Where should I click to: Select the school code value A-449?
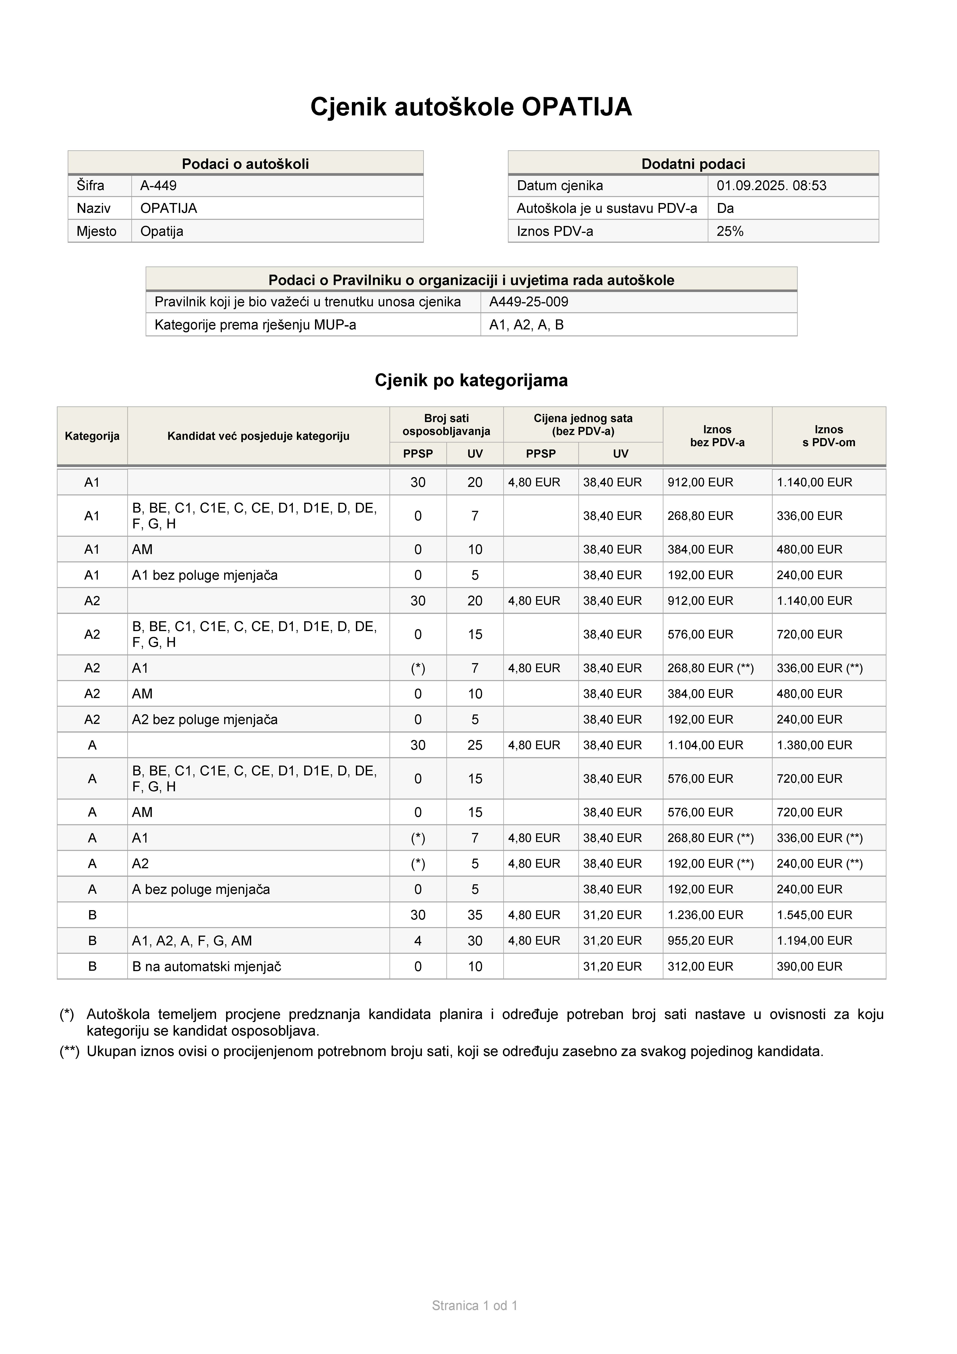(x=158, y=186)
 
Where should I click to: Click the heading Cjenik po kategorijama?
(x=471, y=380)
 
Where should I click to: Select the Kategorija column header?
(x=92, y=436)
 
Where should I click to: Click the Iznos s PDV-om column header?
(x=829, y=436)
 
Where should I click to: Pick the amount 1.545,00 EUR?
(x=814, y=915)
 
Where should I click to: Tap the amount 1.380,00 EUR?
(x=814, y=745)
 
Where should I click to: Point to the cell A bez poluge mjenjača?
(x=200, y=889)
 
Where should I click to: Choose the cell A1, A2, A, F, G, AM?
(x=192, y=941)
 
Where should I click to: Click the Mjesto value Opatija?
(x=162, y=231)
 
